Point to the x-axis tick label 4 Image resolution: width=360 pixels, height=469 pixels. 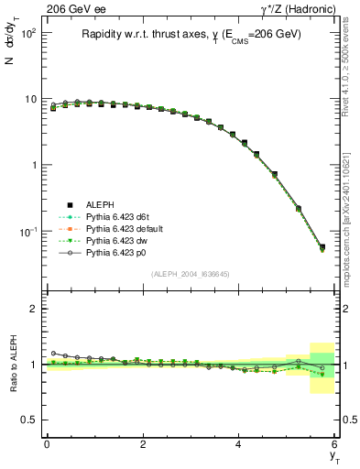coord(238,444)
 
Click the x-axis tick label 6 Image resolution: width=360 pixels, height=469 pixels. coord(334,444)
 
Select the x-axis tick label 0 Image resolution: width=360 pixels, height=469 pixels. coord(47,444)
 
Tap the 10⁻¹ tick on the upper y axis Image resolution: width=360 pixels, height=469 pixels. coord(27,232)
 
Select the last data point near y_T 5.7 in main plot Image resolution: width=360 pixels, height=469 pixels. coord(322,247)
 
